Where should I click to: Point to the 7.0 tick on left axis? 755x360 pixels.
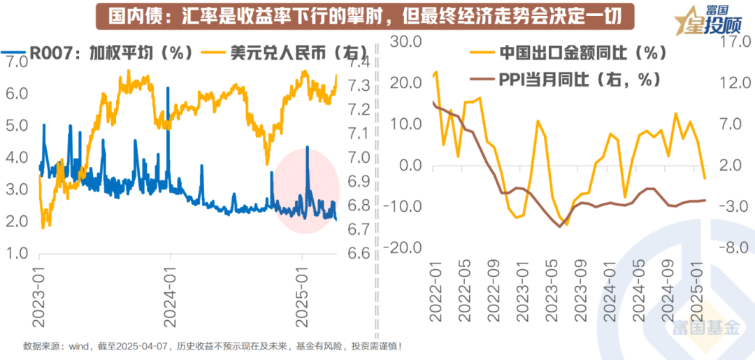[x=17, y=61]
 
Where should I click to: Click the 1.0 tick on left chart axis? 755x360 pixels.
[x=17, y=254]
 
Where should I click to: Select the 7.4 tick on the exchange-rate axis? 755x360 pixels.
[x=357, y=62]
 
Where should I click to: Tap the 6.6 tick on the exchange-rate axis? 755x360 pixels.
[x=357, y=253]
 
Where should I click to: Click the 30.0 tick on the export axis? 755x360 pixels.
[x=405, y=43]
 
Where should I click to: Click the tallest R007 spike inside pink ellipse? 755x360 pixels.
[x=308, y=148]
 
